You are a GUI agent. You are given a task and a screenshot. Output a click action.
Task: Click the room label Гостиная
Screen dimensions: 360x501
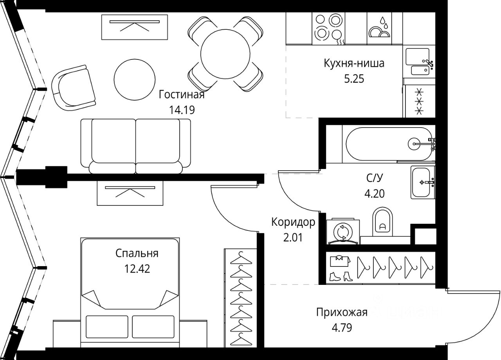click(182, 95)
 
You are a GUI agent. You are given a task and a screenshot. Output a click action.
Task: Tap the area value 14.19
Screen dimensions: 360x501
click(182, 110)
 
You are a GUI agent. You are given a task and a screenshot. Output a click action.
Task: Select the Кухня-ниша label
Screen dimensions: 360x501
click(354, 63)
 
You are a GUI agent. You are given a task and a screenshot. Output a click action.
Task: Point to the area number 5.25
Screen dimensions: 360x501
click(354, 79)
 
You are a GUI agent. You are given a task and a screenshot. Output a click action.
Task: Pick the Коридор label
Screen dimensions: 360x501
click(293, 223)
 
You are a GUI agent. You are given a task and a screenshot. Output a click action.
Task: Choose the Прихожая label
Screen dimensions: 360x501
click(342, 312)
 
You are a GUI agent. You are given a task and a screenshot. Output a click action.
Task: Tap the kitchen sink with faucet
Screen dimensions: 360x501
click(419, 62)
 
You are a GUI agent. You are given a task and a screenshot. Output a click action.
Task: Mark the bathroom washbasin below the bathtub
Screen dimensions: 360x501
click(423, 182)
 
